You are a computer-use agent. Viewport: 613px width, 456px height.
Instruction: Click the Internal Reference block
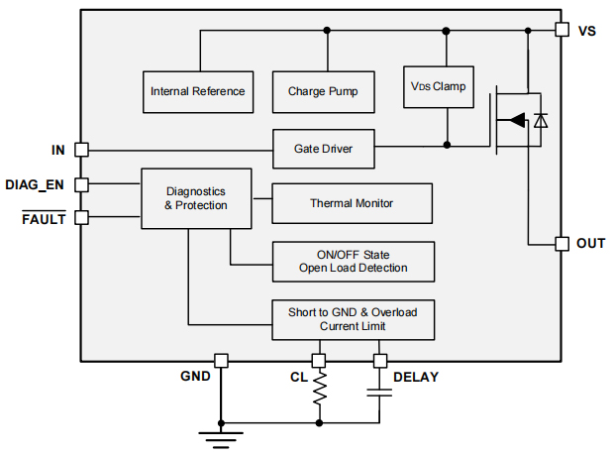(x=197, y=91)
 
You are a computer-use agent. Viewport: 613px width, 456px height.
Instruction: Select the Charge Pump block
(x=323, y=91)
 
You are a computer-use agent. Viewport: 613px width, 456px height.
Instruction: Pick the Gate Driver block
(x=323, y=149)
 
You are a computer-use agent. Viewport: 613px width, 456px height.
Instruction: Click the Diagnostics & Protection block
(x=195, y=198)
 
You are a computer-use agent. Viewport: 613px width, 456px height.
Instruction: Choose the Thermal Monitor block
(x=352, y=203)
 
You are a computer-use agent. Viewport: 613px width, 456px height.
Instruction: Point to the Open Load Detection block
(x=353, y=261)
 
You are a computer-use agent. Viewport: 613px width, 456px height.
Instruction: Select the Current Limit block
(x=353, y=318)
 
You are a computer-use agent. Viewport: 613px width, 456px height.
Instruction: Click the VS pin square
(x=561, y=30)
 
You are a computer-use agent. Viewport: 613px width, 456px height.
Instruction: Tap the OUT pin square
(x=561, y=243)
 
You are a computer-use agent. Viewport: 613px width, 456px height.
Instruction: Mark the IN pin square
(x=81, y=149)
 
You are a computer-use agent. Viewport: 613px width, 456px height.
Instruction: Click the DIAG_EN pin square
(x=81, y=183)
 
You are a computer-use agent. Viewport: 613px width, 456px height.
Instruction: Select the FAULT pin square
(x=81, y=217)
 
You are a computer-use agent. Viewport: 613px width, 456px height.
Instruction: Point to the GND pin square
(x=221, y=361)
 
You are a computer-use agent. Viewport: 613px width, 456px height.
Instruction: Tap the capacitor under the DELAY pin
(x=379, y=393)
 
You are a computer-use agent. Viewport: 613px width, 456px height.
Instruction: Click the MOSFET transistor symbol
(x=518, y=120)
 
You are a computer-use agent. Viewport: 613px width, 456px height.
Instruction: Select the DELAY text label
(x=416, y=378)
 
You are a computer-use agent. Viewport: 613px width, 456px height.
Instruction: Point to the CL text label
(x=298, y=378)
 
